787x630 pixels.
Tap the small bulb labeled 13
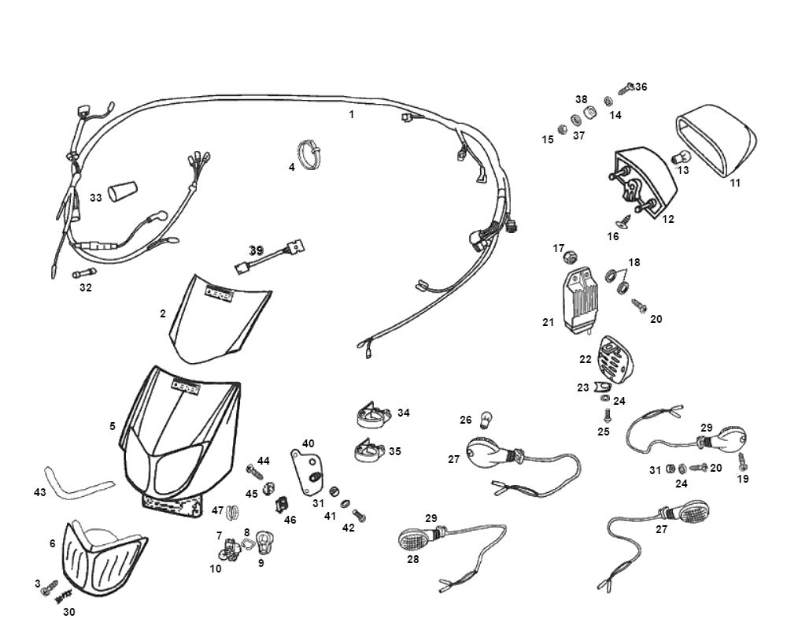(x=680, y=158)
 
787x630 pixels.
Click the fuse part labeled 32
(x=84, y=273)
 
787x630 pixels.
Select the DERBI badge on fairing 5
(x=185, y=387)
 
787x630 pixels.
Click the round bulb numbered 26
(x=486, y=420)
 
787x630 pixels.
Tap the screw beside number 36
(x=626, y=89)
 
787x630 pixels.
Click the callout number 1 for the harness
(x=351, y=114)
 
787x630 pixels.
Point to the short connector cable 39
(x=270, y=256)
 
